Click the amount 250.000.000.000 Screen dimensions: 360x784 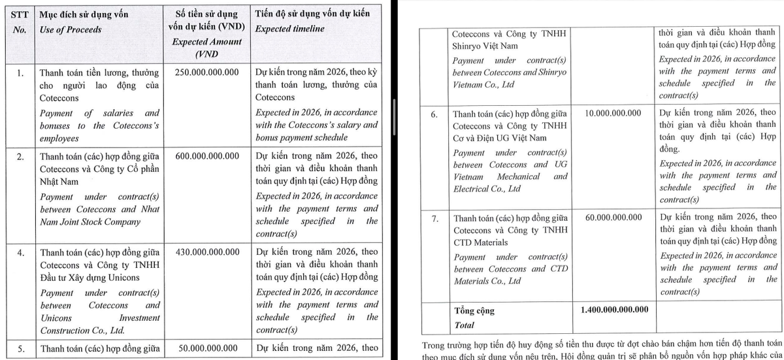click(207, 73)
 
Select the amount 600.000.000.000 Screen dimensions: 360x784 click(207, 156)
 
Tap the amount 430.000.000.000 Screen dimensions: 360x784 click(207, 252)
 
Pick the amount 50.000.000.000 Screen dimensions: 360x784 click(210, 348)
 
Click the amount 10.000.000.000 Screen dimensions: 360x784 click(613, 113)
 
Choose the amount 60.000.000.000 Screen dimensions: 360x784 click(613, 217)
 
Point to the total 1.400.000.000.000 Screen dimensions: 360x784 click(613, 309)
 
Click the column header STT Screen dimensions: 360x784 click(21, 14)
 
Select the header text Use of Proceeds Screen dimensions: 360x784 click(70, 29)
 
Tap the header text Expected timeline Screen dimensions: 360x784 click(289, 29)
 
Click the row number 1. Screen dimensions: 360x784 click(21, 73)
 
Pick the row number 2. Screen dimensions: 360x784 click(21, 156)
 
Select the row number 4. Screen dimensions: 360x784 click(21, 252)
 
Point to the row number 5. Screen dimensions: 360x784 click(21, 348)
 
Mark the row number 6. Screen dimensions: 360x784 click(434, 114)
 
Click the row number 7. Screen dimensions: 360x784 click(434, 218)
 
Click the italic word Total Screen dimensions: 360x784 click(464, 325)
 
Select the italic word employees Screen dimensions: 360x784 click(59, 139)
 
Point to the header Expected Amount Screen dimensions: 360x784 click(206, 41)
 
